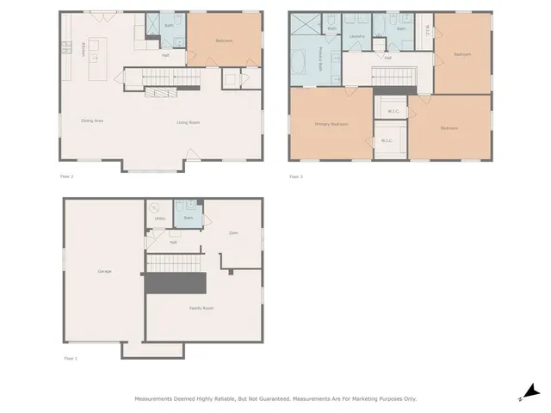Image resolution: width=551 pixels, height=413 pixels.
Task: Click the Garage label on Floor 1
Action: coord(104,272)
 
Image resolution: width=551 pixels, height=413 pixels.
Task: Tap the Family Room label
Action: coord(201,308)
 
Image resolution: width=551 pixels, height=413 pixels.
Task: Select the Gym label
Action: coord(232,233)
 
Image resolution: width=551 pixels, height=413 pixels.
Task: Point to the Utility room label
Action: coord(159,219)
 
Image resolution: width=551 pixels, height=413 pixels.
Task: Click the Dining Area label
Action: coord(92,121)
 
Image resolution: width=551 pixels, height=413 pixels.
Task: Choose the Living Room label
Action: coord(189,122)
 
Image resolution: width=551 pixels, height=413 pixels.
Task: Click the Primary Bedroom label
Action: coord(331,125)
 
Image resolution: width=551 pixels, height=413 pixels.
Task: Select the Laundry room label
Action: coord(356,36)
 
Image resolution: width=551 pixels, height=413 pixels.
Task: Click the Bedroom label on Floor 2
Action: coord(223,40)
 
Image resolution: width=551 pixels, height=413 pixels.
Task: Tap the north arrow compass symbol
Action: coord(532,391)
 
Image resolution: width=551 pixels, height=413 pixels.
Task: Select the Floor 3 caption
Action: coord(295,176)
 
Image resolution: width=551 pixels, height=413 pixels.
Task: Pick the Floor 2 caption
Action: coord(66,176)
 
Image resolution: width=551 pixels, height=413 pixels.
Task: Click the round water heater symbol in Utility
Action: coord(155,206)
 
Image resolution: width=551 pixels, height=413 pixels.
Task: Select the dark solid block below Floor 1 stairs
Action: coord(176,282)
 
